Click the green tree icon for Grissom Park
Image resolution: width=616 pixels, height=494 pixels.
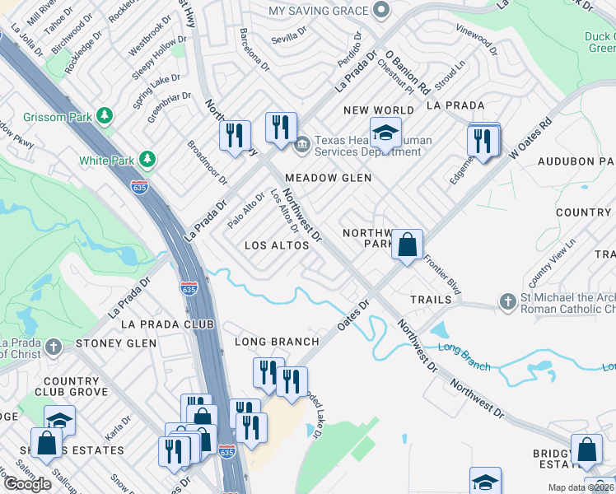point(105,115)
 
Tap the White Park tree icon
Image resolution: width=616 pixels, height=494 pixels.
point(147,158)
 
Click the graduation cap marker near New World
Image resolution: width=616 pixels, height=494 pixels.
point(385,132)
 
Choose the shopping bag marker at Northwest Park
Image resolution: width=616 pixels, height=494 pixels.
point(407,245)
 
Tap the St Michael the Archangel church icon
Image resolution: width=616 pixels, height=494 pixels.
point(508,302)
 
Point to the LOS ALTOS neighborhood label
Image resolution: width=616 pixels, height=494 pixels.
point(277,245)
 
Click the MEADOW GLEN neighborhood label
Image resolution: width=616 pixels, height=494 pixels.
point(328,178)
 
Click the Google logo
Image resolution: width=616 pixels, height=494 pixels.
point(27,483)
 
